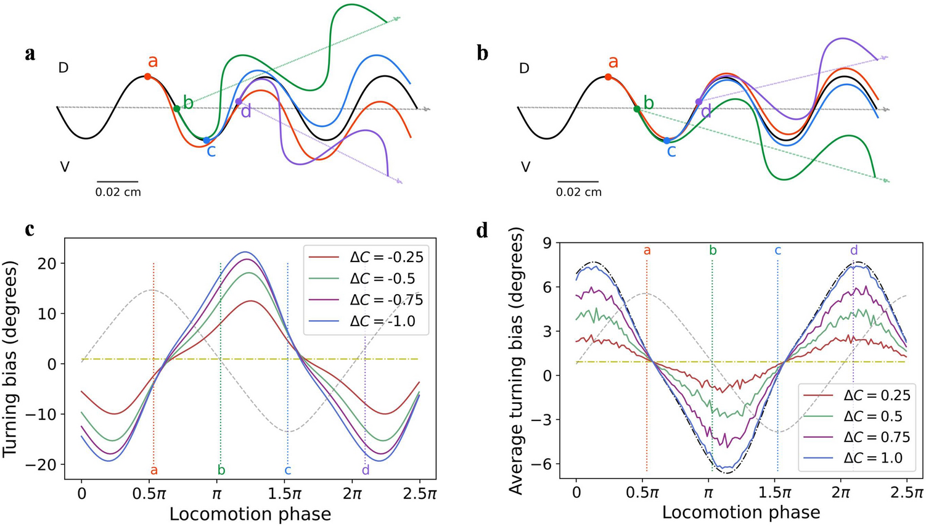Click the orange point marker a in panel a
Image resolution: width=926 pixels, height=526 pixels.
[x=147, y=76]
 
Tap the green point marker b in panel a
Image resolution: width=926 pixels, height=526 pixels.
[x=177, y=109]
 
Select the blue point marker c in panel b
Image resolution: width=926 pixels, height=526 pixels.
[x=667, y=141]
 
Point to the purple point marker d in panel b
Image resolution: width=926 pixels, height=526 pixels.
[x=699, y=102]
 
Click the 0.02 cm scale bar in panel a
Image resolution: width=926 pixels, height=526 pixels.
[x=117, y=182]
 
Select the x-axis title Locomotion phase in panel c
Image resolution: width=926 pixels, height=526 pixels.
[x=250, y=514]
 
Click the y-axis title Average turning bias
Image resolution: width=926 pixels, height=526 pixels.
[x=517, y=361]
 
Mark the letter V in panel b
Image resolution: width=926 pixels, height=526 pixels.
[x=525, y=166]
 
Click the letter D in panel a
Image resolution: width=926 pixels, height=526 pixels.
[x=63, y=68]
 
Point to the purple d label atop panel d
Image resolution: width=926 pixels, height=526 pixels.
[x=853, y=250]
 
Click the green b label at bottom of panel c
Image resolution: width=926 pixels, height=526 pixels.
[x=221, y=471]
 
